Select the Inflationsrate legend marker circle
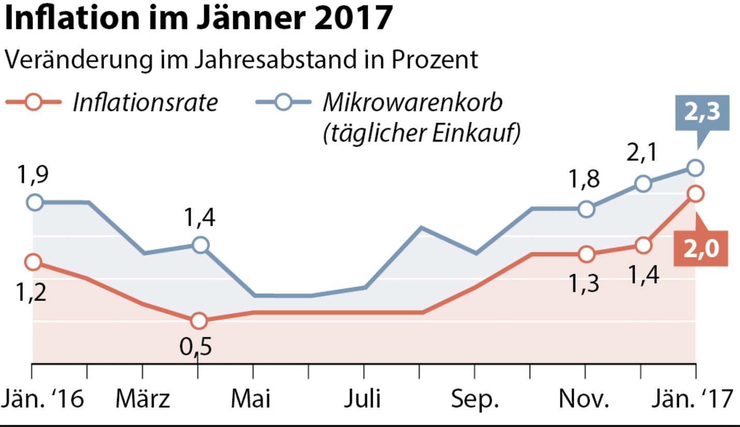(x=33, y=102)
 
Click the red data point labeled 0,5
(x=198, y=321)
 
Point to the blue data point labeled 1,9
(x=35, y=202)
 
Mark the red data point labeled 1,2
(x=33, y=262)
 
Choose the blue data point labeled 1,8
(x=586, y=209)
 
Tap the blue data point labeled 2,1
(x=642, y=183)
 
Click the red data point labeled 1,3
(x=586, y=254)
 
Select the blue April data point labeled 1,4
(x=200, y=245)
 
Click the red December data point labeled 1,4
(x=642, y=245)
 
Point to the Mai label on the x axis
(x=251, y=400)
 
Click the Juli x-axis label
(x=363, y=400)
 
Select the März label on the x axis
(x=143, y=400)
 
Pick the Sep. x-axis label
(x=475, y=400)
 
